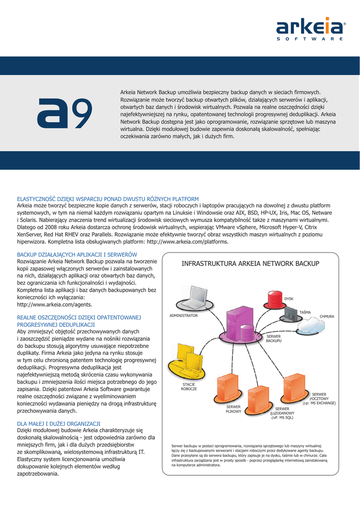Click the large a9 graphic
tap(66, 112)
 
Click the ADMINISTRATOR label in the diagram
tap(184, 316)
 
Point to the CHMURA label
tap(327, 316)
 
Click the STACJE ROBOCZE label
tap(189, 387)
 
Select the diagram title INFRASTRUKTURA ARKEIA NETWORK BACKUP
tap(250, 263)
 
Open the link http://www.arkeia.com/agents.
tap(55, 304)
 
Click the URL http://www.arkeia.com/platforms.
tap(188, 242)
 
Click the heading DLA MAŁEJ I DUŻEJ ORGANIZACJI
tap(59, 423)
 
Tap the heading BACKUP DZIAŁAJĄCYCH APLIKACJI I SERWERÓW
tap(77, 254)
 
